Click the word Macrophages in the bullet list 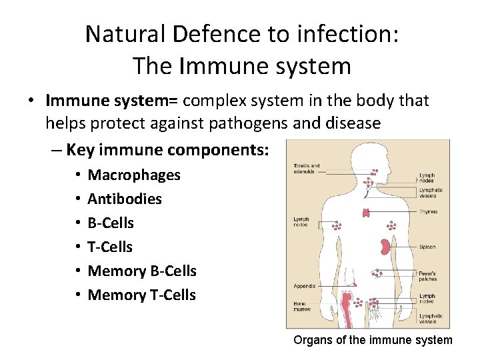(x=134, y=175)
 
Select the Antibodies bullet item (x=125, y=199)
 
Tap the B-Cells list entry (x=111, y=223)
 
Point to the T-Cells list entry (x=110, y=247)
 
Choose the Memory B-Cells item (x=142, y=271)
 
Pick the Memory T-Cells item (x=141, y=295)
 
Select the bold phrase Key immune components (x=167, y=150)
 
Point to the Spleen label (x=427, y=247)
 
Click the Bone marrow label (x=301, y=306)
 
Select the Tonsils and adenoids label (x=306, y=168)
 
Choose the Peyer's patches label (x=427, y=275)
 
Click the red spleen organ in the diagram (x=385, y=247)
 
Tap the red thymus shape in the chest (x=366, y=213)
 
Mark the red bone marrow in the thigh (x=347, y=307)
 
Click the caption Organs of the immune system (x=373, y=340)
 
